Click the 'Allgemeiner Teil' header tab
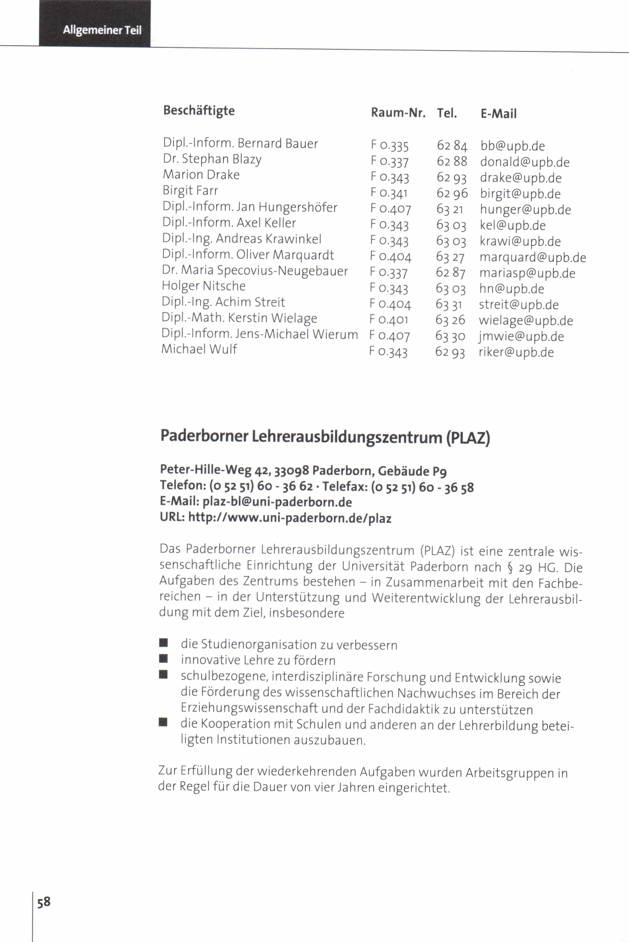click(102, 30)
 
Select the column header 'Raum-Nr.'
click(398, 113)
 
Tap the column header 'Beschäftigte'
click(199, 110)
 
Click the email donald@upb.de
click(525, 162)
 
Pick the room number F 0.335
click(390, 145)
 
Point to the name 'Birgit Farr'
click(190, 190)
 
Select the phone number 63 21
click(450, 209)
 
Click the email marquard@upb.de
click(533, 257)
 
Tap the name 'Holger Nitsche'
click(203, 286)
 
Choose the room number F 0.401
click(389, 320)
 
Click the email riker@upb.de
click(516, 352)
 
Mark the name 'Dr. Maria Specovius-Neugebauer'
click(255, 270)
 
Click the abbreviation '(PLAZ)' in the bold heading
click(468, 437)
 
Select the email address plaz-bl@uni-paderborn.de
click(277, 502)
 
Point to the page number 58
click(44, 902)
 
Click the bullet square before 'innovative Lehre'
click(163, 658)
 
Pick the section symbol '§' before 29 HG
click(510, 567)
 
